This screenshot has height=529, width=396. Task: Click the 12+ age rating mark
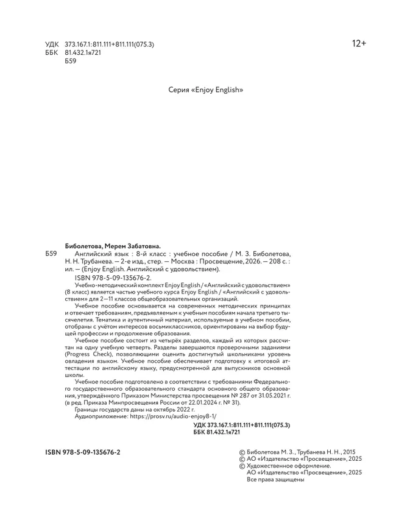pyautogui.click(x=358, y=44)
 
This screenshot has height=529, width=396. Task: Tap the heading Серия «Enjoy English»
pyautogui.click(x=205, y=89)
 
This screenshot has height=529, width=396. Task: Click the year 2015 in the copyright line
pyautogui.click(x=350, y=452)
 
